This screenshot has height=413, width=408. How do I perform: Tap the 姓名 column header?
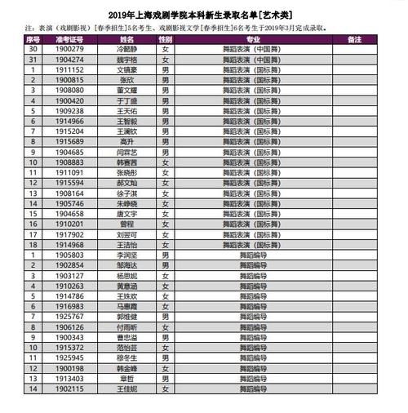point(126,39)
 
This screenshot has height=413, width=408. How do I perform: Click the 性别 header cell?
point(166,39)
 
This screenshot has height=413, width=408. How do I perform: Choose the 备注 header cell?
point(354,39)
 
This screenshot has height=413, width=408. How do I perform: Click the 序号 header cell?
point(33,39)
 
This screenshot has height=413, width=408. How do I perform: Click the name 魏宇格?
point(126,60)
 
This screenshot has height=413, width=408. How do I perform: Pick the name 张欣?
point(126,80)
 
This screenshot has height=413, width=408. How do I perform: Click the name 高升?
point(126,141)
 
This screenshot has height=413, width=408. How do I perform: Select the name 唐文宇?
point(126,213)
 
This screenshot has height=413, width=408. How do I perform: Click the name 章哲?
point(126,378)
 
